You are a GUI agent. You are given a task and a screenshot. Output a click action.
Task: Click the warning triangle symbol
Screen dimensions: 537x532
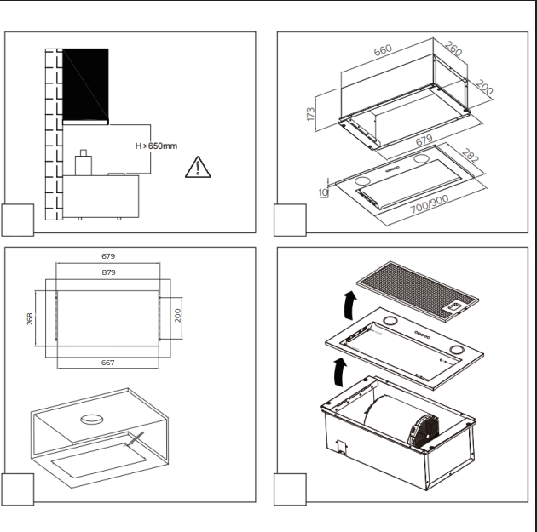[198, 168]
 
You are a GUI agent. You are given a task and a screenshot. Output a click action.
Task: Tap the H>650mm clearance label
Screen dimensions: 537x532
[157, 146]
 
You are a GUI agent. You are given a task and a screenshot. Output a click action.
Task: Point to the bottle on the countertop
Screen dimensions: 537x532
[84, 163]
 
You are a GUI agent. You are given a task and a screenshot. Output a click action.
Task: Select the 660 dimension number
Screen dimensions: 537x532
[383, 50]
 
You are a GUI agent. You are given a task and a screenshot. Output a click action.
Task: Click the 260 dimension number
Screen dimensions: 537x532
[453, 49]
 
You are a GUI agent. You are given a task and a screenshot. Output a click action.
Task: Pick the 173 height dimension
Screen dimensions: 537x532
[310, 114]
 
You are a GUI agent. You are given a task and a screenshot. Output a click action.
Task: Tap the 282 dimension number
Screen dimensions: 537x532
[470, 155]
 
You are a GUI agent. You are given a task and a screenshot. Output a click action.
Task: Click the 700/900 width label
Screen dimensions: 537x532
[430, 203]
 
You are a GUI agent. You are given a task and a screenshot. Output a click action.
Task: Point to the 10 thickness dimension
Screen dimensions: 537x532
[323, 193]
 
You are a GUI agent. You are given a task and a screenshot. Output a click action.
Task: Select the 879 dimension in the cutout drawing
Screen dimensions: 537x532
[108, 272]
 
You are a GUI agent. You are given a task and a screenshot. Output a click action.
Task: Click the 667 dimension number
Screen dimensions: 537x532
[108, 363]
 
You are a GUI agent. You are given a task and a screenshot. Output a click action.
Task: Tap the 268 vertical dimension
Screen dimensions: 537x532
[30, 318]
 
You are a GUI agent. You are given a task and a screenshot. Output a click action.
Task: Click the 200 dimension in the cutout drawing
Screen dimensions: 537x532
[177, 315]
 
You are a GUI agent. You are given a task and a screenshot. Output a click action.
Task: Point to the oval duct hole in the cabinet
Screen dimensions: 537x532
[91, 419]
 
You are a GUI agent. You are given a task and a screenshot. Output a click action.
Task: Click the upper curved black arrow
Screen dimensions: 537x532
[350, 306]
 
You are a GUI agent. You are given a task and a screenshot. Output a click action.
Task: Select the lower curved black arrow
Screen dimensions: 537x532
[340, 372]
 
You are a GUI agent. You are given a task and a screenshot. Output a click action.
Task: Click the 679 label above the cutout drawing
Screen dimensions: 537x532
[108, 256]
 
